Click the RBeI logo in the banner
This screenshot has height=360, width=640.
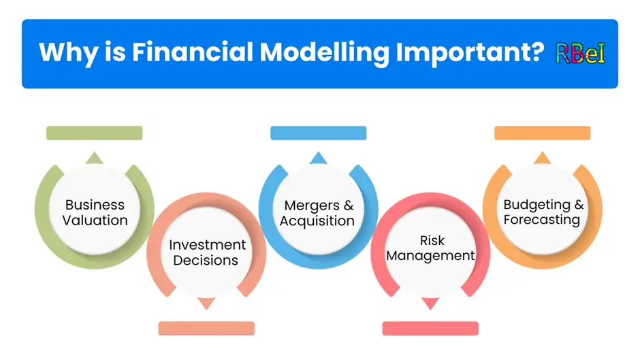(x=580, y=54)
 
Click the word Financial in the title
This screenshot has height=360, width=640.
(x=193, y=52)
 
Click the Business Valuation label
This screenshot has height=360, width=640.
(x=95, y=212)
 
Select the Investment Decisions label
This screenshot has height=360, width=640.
(x=207, y=252)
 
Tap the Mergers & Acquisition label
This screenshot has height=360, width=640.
(x=317, y=212)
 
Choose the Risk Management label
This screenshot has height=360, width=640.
(x=430, y=248)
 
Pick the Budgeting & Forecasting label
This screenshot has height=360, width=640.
(x=543, y=212)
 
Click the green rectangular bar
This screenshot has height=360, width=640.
(x=94, y=133)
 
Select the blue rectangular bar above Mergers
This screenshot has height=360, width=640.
(x=319, y=133)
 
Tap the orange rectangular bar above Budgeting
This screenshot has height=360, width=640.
(x=543, y=133)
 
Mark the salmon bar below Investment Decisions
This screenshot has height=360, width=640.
(x=206, y=329)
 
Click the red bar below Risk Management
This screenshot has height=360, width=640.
(x=430, y=329)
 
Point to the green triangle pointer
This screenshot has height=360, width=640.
(x=94, y=159)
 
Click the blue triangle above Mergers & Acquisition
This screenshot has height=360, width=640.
(x=319, y=159)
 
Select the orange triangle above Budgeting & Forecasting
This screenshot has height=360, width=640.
(x=543, y=159)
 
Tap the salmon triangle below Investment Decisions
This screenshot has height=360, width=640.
(x=206, y=303)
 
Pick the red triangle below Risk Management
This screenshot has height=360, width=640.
(x=430, y=303)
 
